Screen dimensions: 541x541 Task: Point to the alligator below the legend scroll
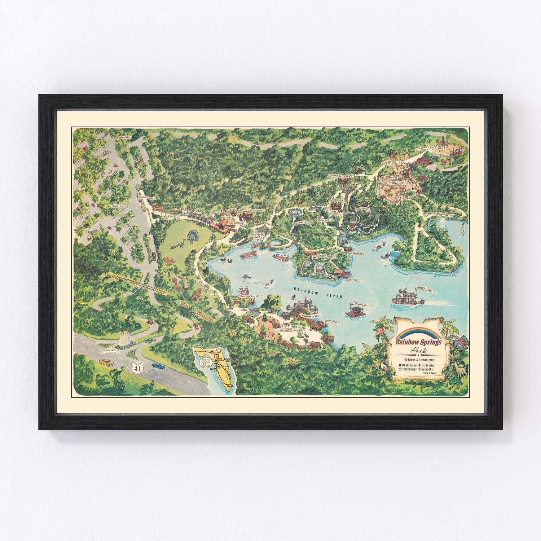[x=429, y=387]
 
